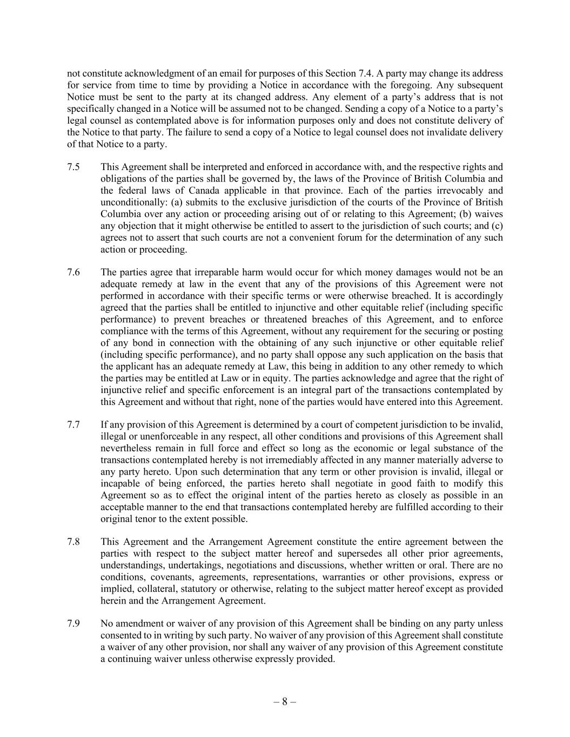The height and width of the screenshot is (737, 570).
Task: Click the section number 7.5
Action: tap(73, 167)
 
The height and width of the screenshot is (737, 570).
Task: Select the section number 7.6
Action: tap(73, 272)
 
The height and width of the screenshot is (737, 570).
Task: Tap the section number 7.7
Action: tap(73, 424)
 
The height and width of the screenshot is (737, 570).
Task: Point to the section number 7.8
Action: tap(73, 542)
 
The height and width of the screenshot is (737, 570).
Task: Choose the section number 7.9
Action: tap(73, 624)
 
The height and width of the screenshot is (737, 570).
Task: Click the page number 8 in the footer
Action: tap(285, 702)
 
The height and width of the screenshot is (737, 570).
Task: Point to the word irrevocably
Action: tap(460, 191)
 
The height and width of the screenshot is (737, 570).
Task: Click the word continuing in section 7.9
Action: tap(128, 659)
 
